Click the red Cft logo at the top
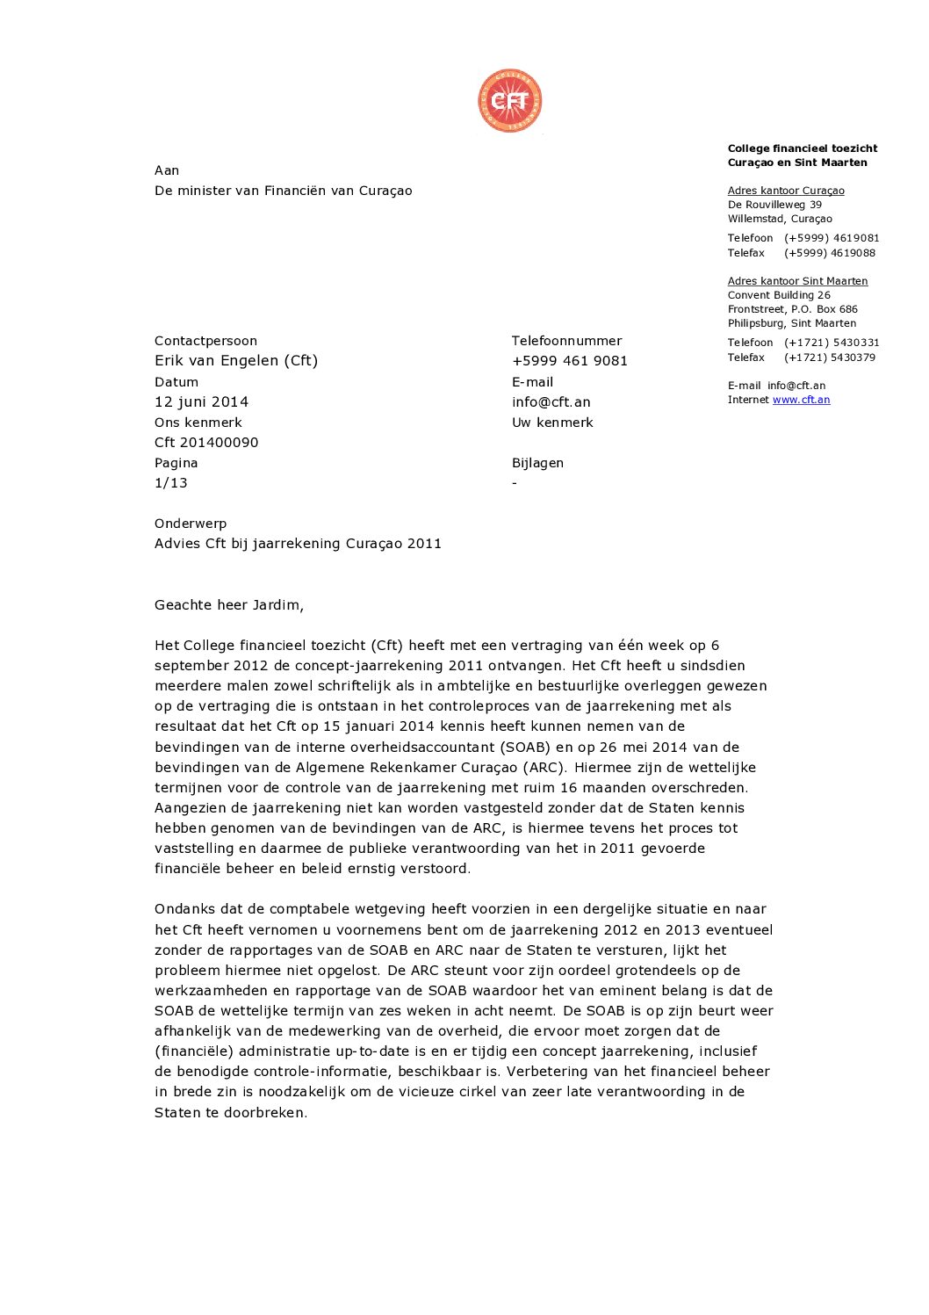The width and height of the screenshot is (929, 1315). (x=509, y=101)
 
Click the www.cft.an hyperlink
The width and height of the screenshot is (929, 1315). (x=801, y=400)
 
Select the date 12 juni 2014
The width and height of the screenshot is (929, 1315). (x=201, y=401)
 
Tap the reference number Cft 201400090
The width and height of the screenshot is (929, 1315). (x=206, y=443)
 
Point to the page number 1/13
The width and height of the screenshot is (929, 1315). (x=170, y=483)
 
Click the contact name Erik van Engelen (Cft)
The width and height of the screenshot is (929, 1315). (x=236, y=361)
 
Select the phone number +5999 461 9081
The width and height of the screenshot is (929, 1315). (x=569, y=361)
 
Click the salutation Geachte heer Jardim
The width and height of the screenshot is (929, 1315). (x=228, y=605)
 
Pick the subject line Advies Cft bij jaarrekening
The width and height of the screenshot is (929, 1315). (x=298, y=544)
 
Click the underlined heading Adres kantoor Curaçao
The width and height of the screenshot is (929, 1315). (x=786, y=191)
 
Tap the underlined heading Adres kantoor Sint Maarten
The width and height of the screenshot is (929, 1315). (x=797, y=281)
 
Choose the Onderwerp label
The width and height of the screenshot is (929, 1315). (x=191, y=524)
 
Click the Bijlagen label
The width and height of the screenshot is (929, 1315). (x=537, y=463)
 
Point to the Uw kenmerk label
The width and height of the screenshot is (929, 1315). (x=552, y=423)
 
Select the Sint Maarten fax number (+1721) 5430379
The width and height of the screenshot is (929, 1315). (x=829, y=358)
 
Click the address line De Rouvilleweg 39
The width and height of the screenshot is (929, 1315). (x=774, y=205)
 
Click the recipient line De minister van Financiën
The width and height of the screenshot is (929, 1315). (x=283, y=191)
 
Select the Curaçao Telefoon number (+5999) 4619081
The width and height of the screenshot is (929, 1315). (x=831, y=238)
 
